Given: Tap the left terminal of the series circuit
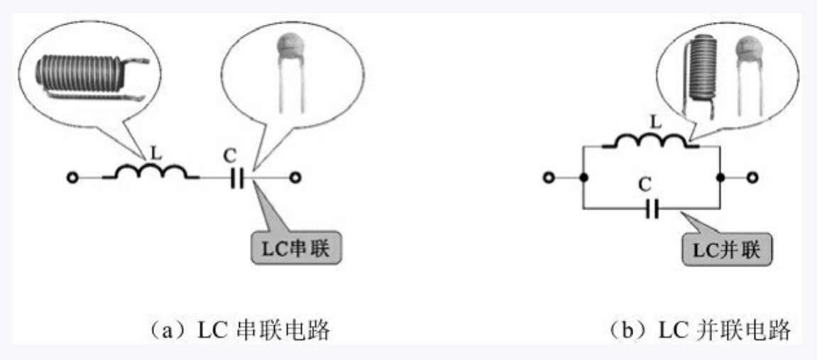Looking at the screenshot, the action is (x=72, y=178).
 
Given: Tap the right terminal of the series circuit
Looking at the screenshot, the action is (x=296, y=178).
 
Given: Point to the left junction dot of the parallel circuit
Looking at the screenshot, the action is (x=583, y=178).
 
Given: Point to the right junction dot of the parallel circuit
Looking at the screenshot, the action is (x=720, y=178).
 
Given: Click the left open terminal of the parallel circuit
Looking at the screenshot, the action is (x=549, y=178).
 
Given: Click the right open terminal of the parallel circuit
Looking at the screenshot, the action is (x=752, y=178).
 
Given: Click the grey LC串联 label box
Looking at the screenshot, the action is (x=296, y=249).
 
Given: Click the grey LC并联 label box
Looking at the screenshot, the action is (x=727, y=249).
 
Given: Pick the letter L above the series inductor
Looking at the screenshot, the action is (x=155, y=154).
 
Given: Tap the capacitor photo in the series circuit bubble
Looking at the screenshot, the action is (x=292, y=74).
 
